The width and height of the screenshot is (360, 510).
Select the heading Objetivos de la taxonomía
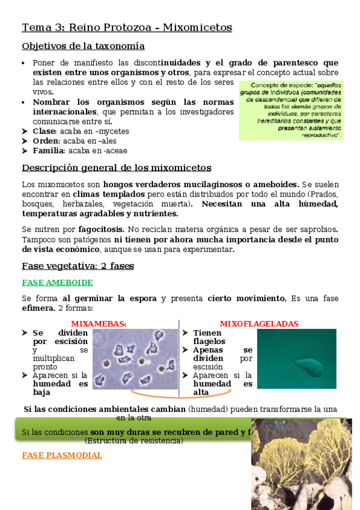(83, 46)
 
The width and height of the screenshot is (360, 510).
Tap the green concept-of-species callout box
(291, 110)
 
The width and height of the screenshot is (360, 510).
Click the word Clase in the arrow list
(44, 131)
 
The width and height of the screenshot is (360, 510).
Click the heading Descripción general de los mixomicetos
(116, 168)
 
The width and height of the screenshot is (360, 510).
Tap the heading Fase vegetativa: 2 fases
(78, 266)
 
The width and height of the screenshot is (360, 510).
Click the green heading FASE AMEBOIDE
(57, 283)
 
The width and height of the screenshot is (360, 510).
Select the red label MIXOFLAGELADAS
(258, 324)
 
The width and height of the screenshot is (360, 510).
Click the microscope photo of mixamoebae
(135, 358)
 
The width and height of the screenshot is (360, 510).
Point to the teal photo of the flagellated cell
(296, 358)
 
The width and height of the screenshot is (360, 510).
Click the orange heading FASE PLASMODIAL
(62, 455)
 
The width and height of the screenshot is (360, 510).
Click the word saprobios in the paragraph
(316, 229)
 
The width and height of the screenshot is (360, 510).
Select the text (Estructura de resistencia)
(133, 441)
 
